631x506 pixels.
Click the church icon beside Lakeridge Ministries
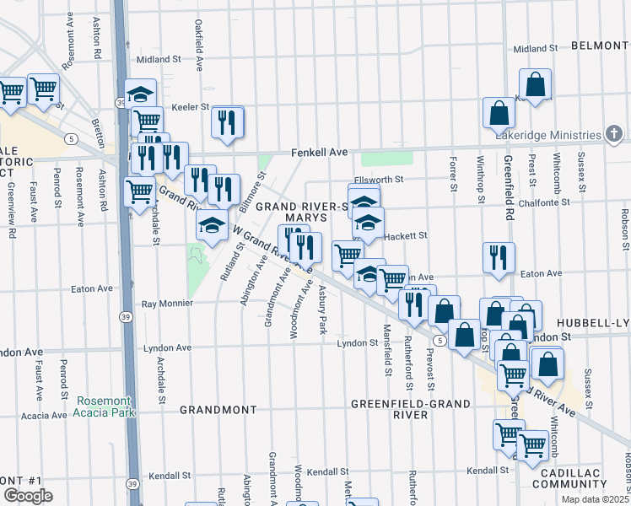[614, 134]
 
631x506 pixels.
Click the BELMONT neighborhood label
[601, 45]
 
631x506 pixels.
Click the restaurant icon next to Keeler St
[228, 121]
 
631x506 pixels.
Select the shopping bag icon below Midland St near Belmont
[535, 84]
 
